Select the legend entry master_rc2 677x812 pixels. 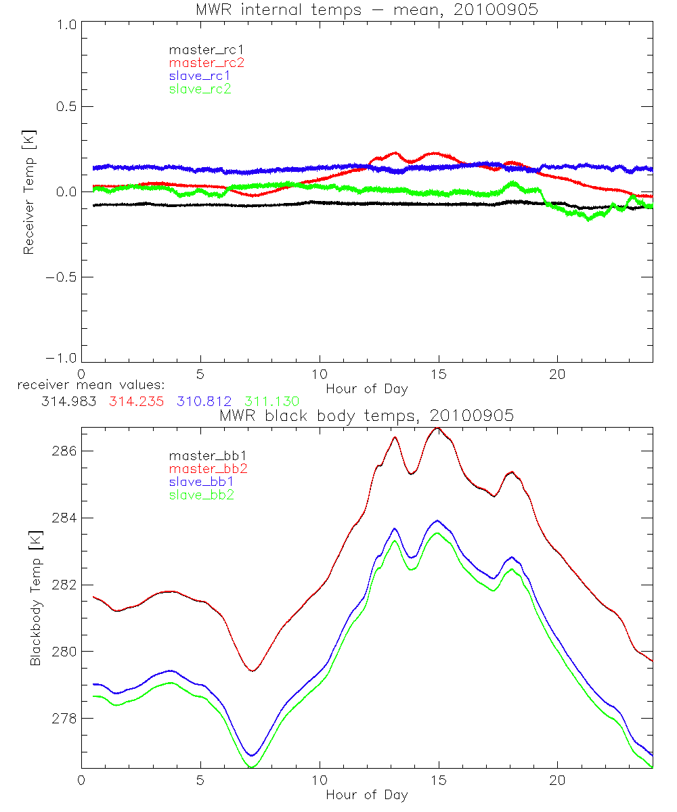coord(206,63)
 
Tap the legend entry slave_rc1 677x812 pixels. coord(200,76)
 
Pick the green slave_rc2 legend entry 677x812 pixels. coord(200,89)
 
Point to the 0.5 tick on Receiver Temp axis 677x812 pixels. coord(64,107)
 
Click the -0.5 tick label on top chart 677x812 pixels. coord(61,277)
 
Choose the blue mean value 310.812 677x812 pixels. coord(201,401)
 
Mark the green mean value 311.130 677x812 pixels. coord(271,401)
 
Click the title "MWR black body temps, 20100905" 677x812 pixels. coord(366,415)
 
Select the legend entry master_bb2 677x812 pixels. coord(209,469)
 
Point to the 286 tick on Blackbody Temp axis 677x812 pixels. coord(64,451)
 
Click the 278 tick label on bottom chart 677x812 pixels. coord(64,718)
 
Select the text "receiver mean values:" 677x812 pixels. coord(96,386)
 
